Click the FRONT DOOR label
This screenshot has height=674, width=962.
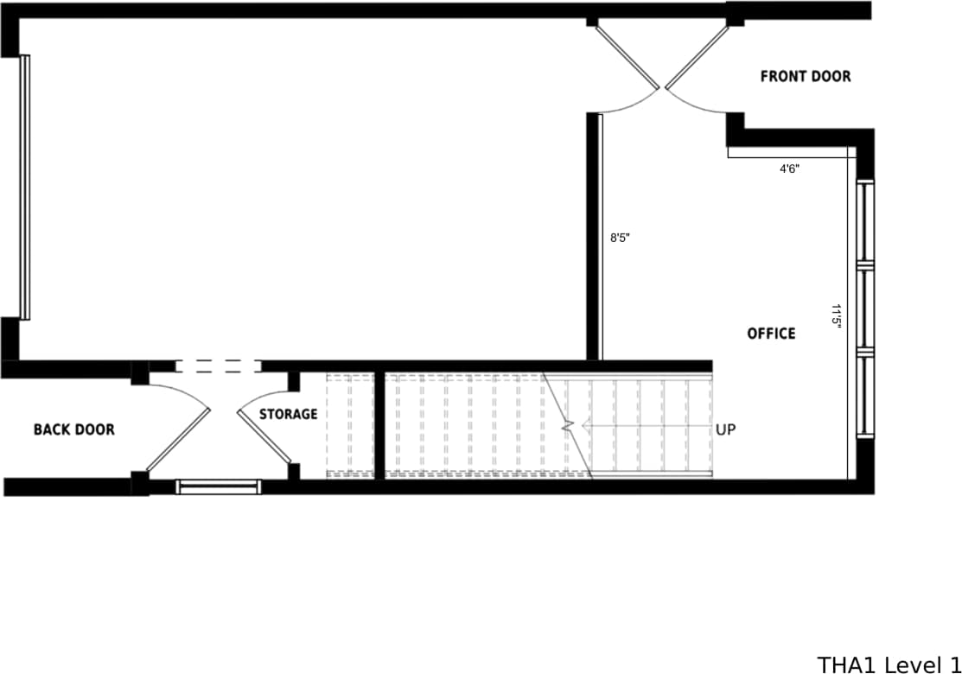805,76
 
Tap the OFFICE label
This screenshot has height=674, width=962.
771,334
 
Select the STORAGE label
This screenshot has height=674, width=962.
289,415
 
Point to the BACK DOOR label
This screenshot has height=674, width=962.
73,429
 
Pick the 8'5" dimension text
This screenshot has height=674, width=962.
621,238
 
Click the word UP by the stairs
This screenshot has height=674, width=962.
725,429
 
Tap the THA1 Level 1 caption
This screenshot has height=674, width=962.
889,664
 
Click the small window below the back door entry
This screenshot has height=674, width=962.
217,486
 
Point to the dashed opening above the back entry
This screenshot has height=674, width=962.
217,367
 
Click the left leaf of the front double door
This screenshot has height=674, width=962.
627,54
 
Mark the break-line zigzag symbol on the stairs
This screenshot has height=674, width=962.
568,426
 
